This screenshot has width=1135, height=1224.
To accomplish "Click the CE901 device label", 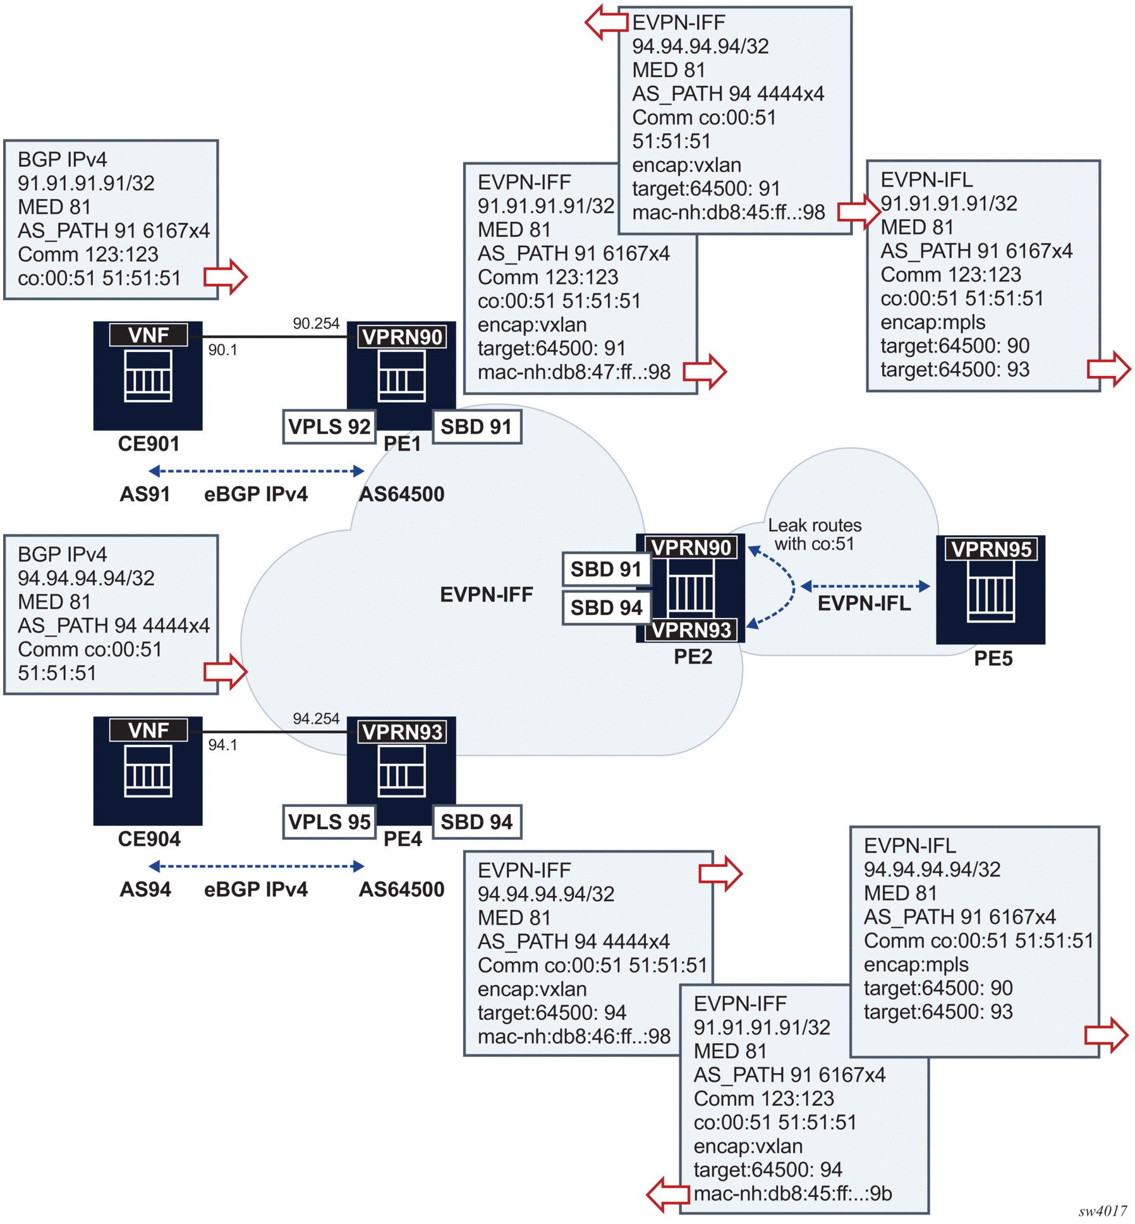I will tap(149, 444).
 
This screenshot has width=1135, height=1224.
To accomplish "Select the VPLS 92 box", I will tap(329, 427).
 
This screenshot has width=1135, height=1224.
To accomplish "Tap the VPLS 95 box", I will tap(329, 821).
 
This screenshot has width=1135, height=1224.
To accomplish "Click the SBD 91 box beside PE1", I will tap(476, 427).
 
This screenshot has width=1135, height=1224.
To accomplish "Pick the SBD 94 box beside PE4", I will tap(476, 821).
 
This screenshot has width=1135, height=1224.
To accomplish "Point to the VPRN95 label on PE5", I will tap(991, 548).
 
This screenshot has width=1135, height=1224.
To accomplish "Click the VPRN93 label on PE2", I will tap(691, 629).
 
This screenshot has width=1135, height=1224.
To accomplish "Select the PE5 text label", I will tap(993, 658).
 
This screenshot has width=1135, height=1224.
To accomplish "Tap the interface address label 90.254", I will tap(316, 324).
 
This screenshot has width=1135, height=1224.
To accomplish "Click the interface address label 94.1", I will tap(222, 745).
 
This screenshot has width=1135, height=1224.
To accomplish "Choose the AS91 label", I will tap(145, 494).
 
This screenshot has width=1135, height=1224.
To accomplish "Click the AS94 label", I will tap(145, 889).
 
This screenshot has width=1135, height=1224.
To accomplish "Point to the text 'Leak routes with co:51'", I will tap(815, 535).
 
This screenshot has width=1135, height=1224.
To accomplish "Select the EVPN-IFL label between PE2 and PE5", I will tap(864, 603).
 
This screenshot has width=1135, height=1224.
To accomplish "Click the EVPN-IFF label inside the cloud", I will tap(487, 595).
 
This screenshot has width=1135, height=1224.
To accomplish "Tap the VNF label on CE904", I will tap(149, 730).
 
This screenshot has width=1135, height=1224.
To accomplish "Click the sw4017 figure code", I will tap(1102, 1211).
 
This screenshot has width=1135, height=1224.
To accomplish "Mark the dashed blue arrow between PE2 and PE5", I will tap(865, 586).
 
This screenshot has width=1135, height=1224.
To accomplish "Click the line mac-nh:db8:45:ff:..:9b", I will tap(792, 1193).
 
